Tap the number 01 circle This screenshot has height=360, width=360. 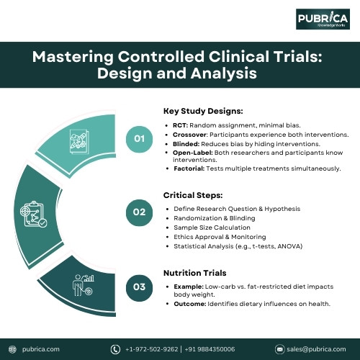tap(140, 138)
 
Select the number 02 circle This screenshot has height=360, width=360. tap(140, 212)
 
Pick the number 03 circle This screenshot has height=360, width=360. tap(140, 286)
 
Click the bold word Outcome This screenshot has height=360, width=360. tap(189, 303)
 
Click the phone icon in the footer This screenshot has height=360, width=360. tap(115, 349)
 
